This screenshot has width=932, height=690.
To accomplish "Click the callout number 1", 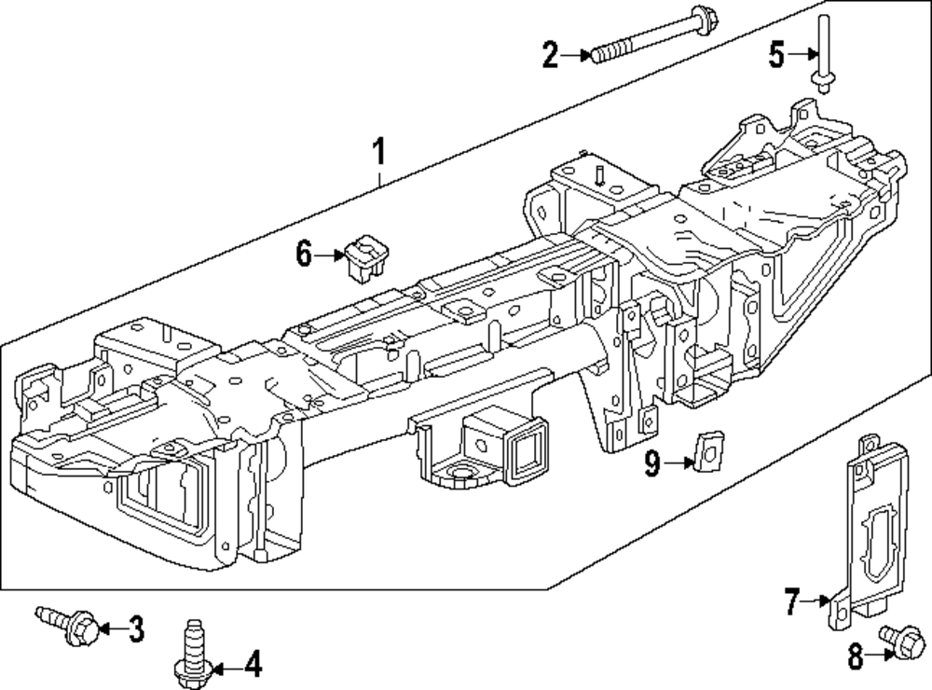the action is [x=378, y=152].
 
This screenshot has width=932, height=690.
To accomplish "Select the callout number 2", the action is [x=551, y=55].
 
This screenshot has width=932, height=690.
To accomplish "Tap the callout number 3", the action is [x=136, y=628].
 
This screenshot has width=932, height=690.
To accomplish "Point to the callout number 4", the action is [x=254, y=665].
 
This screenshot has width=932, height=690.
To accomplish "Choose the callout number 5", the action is [x=777, y=55].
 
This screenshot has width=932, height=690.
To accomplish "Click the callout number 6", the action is [x=304, y=255].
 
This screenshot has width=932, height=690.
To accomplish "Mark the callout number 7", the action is [x=791, y=601].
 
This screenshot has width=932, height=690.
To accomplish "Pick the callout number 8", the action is [x=855, y=656].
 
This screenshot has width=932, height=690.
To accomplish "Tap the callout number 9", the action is [x=652, y=462].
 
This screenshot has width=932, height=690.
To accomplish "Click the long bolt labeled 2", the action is [x=655, y=33].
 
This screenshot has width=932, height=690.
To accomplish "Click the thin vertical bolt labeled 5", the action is [x=823, y=53].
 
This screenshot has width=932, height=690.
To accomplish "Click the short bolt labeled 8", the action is [x=903, y=642].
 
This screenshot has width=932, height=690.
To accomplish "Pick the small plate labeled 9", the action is [x=708, y=449].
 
